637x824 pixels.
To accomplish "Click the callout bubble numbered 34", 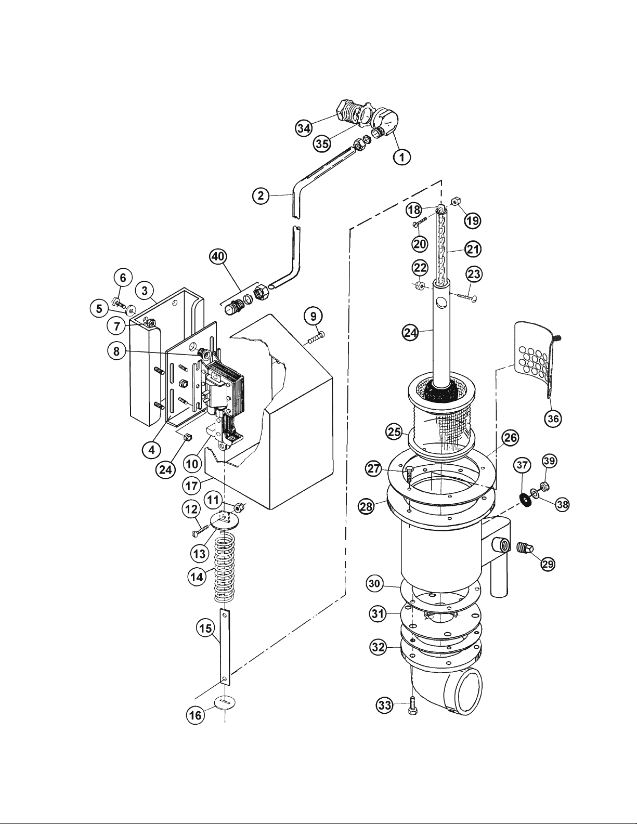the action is pos(304,128).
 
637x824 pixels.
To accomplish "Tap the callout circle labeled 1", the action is pos(402,156).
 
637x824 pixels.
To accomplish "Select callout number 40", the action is pos(218,257).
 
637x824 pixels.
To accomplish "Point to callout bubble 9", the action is pos(313,316).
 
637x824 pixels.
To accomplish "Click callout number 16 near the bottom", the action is pos(196,715).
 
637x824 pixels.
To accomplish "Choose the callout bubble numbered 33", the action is pos(384,705).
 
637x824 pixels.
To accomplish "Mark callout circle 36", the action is pos(553,418).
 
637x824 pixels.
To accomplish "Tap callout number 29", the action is pos(548,564).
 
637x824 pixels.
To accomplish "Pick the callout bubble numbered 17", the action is pos(192,486).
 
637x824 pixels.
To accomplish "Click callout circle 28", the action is pos(367,506).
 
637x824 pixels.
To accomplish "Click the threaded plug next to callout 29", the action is pos(526,547).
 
